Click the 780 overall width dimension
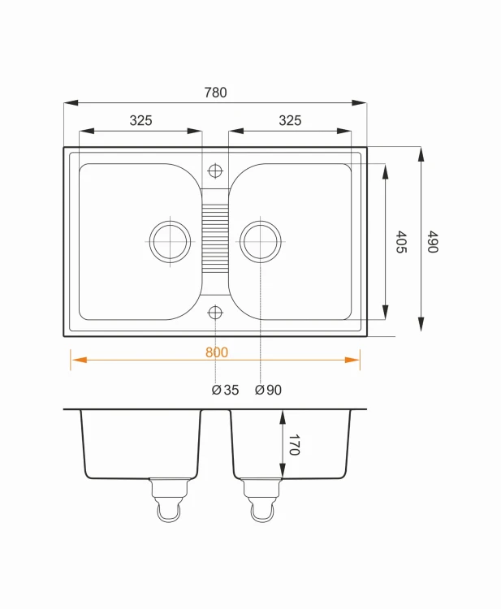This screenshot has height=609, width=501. [215, 93]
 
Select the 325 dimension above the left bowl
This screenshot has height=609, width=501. [140, 120]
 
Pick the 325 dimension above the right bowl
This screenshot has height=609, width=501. [290, 120]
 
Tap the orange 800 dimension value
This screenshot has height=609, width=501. [217, 352]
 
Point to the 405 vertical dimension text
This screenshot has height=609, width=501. [401, 242]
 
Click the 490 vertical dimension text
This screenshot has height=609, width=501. [433, 242]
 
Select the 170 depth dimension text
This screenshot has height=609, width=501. [294, 444]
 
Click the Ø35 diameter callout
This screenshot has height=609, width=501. [225, 390]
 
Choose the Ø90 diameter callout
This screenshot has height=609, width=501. [269, 390]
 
